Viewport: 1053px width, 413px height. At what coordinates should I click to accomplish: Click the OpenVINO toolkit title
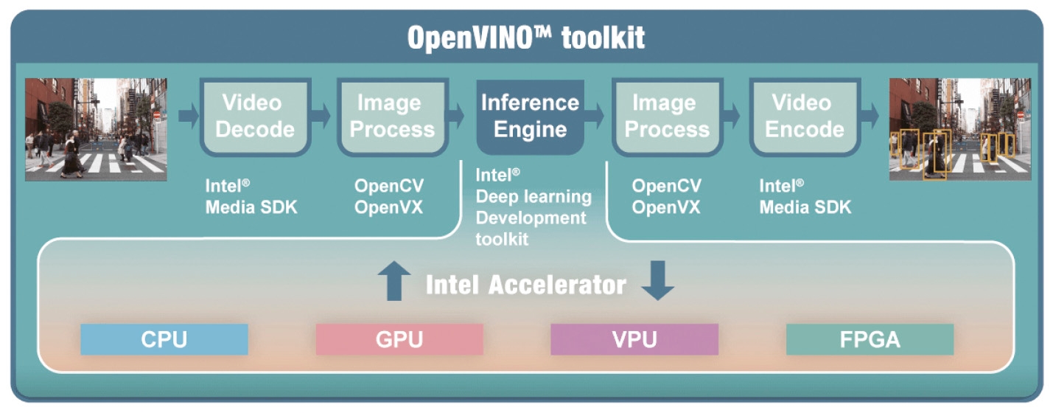(526, 38)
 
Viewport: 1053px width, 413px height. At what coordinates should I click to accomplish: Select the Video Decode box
(255, 117)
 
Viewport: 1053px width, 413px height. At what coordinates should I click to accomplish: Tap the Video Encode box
(805, 117)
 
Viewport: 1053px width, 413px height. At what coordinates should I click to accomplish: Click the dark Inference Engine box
(531, 117)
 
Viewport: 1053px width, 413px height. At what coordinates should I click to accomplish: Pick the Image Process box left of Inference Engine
(393, 117)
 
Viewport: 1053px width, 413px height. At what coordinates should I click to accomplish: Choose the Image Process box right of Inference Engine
(668, 117)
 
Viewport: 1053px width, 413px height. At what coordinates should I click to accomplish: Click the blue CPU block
(164, 339)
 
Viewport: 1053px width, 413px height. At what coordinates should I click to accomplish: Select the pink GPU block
(399, 339)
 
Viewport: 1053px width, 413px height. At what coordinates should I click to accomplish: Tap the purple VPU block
(634, 339)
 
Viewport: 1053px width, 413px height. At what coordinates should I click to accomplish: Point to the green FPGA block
(870, 339)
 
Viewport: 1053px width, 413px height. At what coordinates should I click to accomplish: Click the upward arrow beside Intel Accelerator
(394, 281)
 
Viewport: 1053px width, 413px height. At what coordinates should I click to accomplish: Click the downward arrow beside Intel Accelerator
(657, 281)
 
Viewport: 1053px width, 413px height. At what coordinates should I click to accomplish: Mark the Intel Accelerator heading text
(526, 285)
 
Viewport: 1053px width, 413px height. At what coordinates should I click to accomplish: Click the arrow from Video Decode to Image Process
(321, 115)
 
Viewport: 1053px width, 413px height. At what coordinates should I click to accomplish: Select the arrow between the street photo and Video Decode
(189, 115)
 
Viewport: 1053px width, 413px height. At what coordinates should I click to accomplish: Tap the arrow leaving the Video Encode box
(870, 115)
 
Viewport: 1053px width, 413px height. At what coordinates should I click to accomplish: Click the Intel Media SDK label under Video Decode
(251, 197)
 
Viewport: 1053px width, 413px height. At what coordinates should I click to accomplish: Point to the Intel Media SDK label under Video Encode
(805, 197)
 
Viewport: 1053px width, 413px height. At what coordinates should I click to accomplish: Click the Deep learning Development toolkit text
(534, 218)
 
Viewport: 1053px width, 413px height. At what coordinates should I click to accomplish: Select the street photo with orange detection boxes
(960, 129)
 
